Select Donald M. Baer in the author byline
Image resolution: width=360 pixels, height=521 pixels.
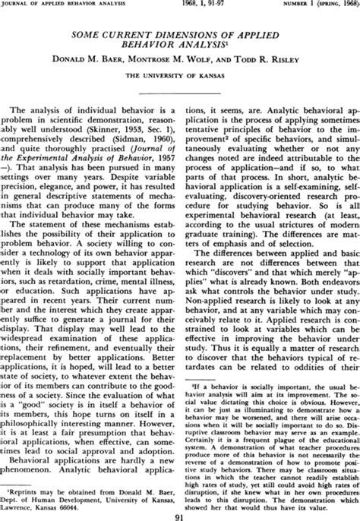[102, 62]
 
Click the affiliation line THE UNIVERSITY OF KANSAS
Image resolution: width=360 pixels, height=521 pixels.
[181, 77]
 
